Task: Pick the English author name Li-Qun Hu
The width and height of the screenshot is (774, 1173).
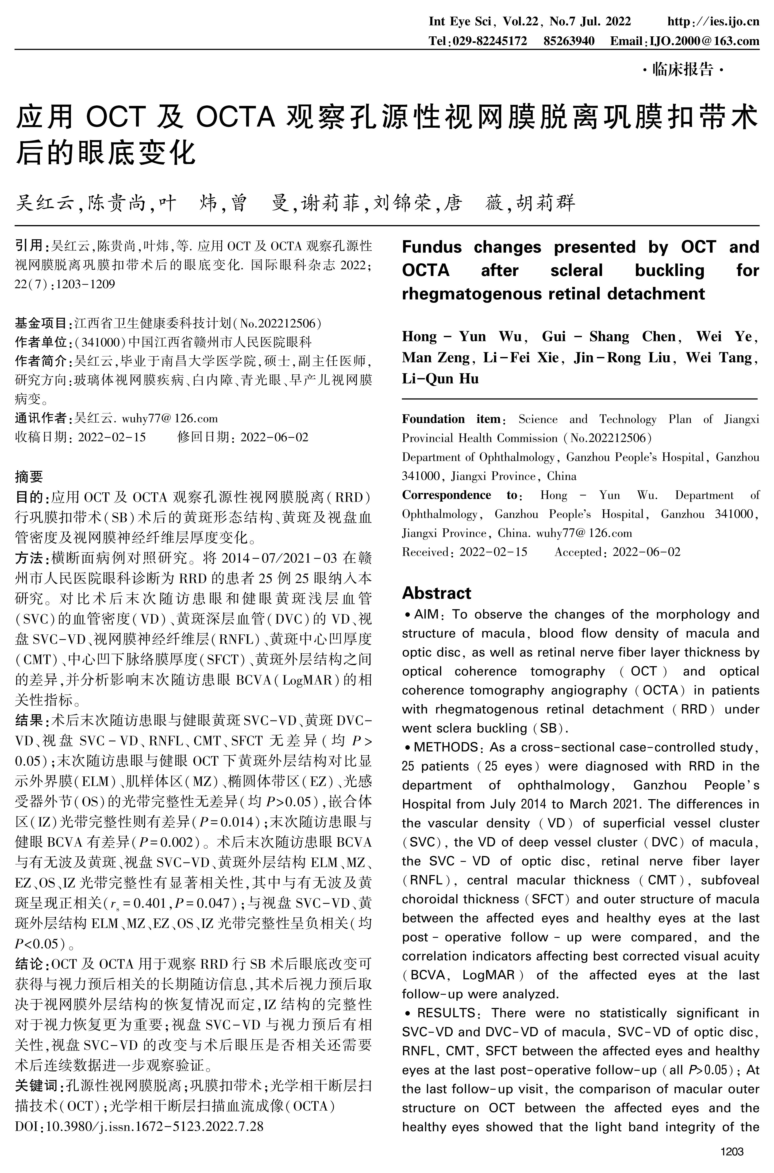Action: click(440, 379)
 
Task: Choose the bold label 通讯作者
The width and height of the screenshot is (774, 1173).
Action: click(40, 418)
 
